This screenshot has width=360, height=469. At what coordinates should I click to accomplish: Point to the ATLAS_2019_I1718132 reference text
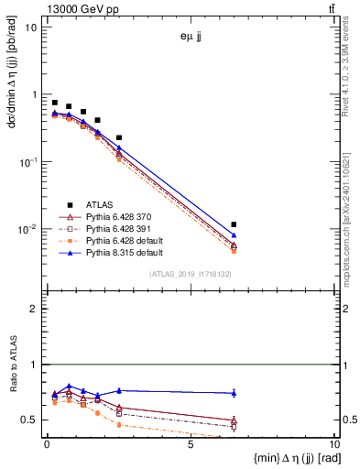(x=191, y=274)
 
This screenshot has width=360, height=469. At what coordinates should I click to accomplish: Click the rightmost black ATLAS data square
(x=235, y=224)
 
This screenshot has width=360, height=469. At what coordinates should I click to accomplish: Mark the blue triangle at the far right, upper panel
(x=235, y=235)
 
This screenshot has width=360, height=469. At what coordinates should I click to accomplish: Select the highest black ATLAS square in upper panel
(x=55, y=103)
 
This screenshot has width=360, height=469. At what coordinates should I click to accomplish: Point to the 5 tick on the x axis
(x=191, y=446)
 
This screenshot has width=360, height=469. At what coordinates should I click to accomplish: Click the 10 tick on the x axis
(x=333, y=446)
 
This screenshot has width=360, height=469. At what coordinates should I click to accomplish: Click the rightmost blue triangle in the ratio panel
(x=235, y=393)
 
